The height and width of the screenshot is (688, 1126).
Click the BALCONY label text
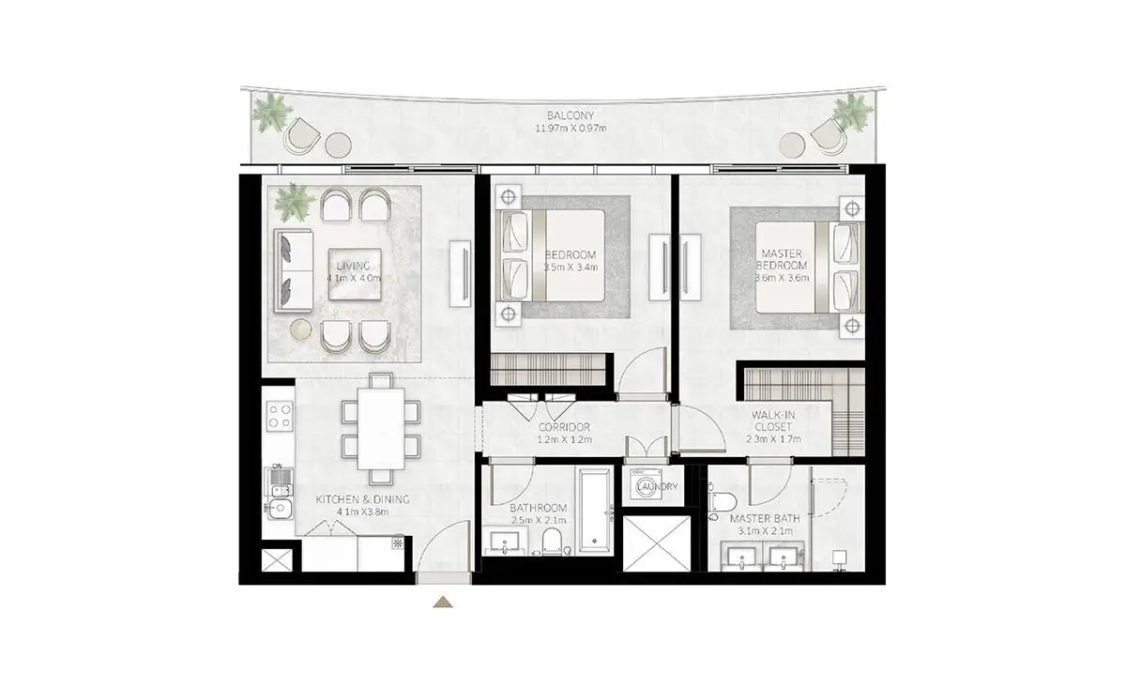coord(571,115)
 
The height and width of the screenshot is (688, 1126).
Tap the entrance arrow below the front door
coord(443,602)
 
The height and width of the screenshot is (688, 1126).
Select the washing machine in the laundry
coord(647,485)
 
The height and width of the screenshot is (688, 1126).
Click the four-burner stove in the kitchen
coord(280,416)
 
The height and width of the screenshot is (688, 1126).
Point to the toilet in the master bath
coord(723,502)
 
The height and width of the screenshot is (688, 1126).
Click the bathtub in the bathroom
coord(595,510)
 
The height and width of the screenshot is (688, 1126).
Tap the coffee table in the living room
coord(355,273)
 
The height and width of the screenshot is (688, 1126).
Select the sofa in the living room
coord(293,270)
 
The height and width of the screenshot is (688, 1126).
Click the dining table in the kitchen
coord(381,429)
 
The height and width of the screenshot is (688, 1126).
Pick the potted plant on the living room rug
coord(293,202)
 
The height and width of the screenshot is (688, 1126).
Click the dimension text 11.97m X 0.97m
coord(571,129)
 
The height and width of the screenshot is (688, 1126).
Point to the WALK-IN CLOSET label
coord(772,420)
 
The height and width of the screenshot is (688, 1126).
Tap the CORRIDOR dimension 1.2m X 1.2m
coord(565,439)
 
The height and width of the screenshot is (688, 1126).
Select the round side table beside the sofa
coord(301,329)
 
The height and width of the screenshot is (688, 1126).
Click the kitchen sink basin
coord(280,509)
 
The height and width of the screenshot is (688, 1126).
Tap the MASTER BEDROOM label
coord(782,259)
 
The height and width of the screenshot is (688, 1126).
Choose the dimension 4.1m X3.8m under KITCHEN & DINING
coord(362,512)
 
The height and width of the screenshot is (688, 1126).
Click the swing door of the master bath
coord(769,482)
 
